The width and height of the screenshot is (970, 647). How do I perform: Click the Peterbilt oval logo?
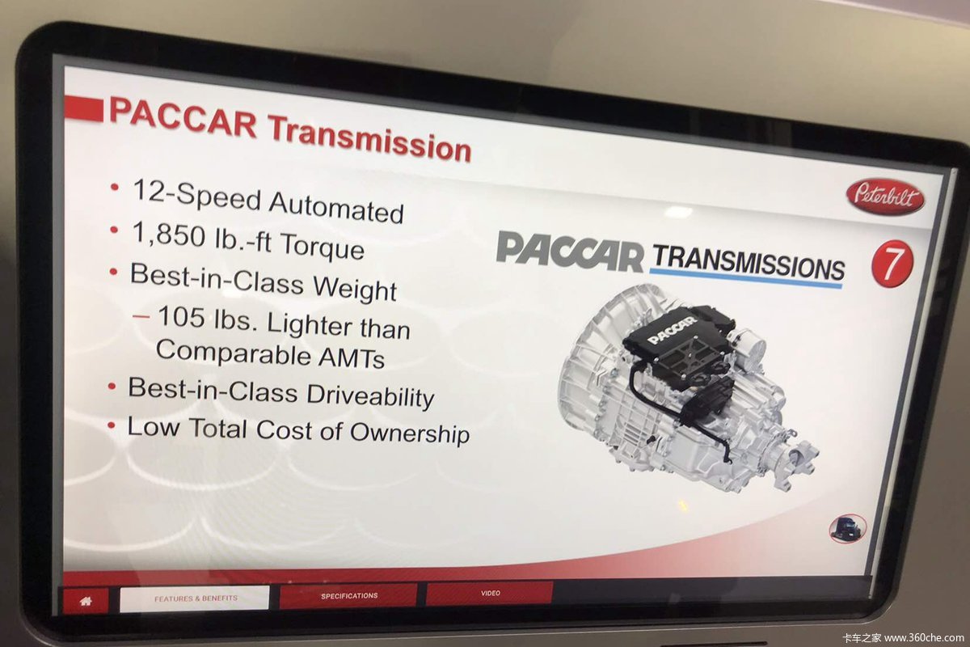pos(885,197)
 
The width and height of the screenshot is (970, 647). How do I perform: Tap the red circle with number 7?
pos(892,264)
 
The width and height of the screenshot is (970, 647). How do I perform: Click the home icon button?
pos(86,601)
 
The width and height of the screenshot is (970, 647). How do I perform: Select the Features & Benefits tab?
pos(195,598)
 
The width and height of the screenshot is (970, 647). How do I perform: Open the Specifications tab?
pos(348,595)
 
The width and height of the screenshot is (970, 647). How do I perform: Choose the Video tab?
pos(490,593)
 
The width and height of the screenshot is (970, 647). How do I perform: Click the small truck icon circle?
pos(847,528)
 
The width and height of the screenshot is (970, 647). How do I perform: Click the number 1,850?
pos(168,234)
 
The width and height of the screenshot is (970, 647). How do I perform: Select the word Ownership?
pos(410,433)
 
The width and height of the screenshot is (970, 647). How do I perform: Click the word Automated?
pos(336,208)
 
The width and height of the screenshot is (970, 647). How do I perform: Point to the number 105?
pos(181,316)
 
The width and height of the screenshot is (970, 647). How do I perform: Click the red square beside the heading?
pos(83,108)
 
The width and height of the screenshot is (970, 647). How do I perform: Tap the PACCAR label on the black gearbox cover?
pos(672,330)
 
